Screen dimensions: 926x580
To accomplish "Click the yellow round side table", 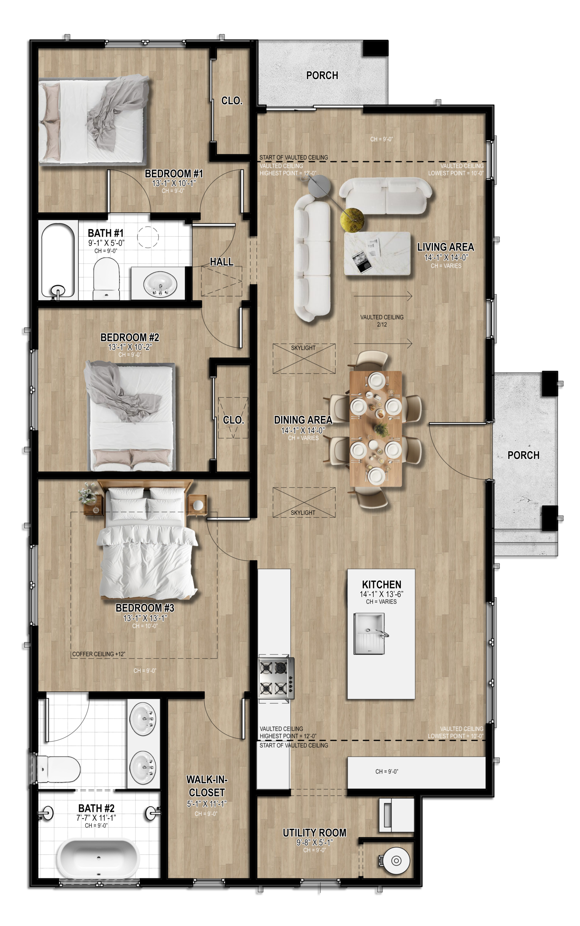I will (x=352, y=220).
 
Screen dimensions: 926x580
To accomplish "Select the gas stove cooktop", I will (x=275, y=679).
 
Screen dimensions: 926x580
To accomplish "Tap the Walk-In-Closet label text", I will (x=207, y=786).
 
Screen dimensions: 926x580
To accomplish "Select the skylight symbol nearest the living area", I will (x=304, y=358).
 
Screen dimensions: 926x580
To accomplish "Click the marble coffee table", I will (x=377, y=253).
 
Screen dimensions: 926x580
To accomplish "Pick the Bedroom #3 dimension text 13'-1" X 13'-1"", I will (x=145, y=618).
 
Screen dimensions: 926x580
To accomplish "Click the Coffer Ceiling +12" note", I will (x=99, y=654).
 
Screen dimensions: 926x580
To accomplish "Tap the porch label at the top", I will (x=322, y=76).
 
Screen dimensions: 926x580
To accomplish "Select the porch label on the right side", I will (x=523, y=455).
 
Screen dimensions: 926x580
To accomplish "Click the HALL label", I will (x=221, y=262).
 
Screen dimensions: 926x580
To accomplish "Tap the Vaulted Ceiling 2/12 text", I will (x=382, y=320).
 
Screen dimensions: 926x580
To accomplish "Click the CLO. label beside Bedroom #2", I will (x=233, y=420).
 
